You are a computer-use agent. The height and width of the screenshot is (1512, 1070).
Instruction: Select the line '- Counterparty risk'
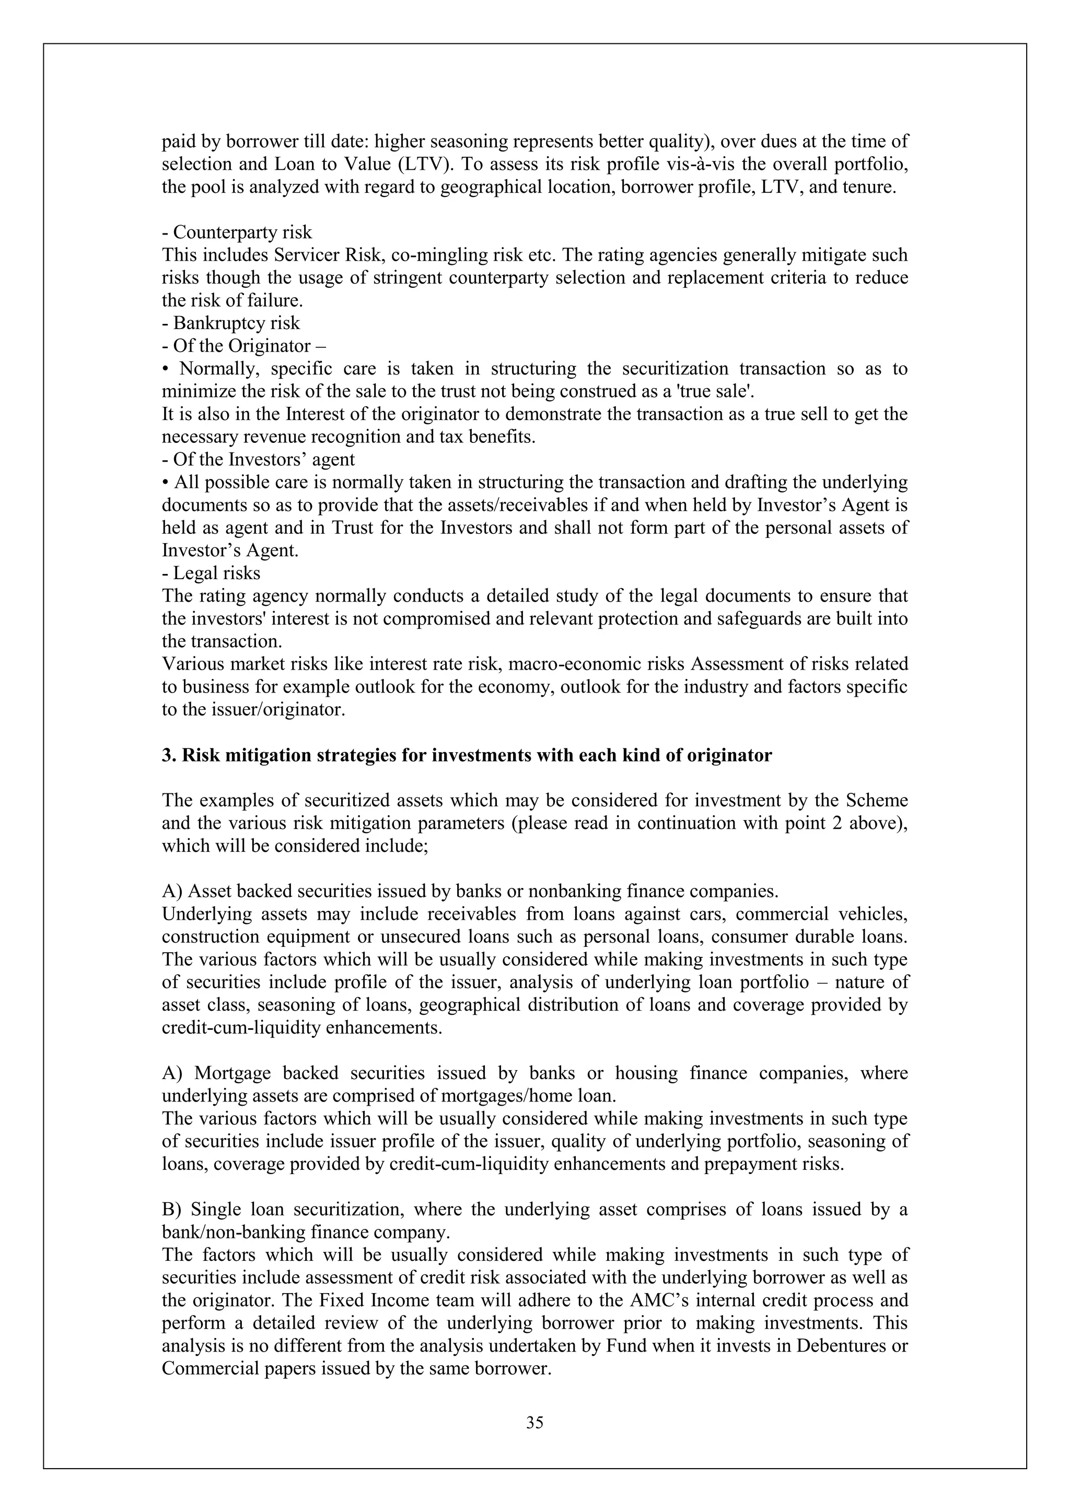tap(237, 232)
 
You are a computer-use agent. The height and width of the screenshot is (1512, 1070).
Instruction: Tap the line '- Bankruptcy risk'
tap(230, 323)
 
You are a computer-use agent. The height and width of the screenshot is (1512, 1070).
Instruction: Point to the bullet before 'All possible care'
tap(166, 482)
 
